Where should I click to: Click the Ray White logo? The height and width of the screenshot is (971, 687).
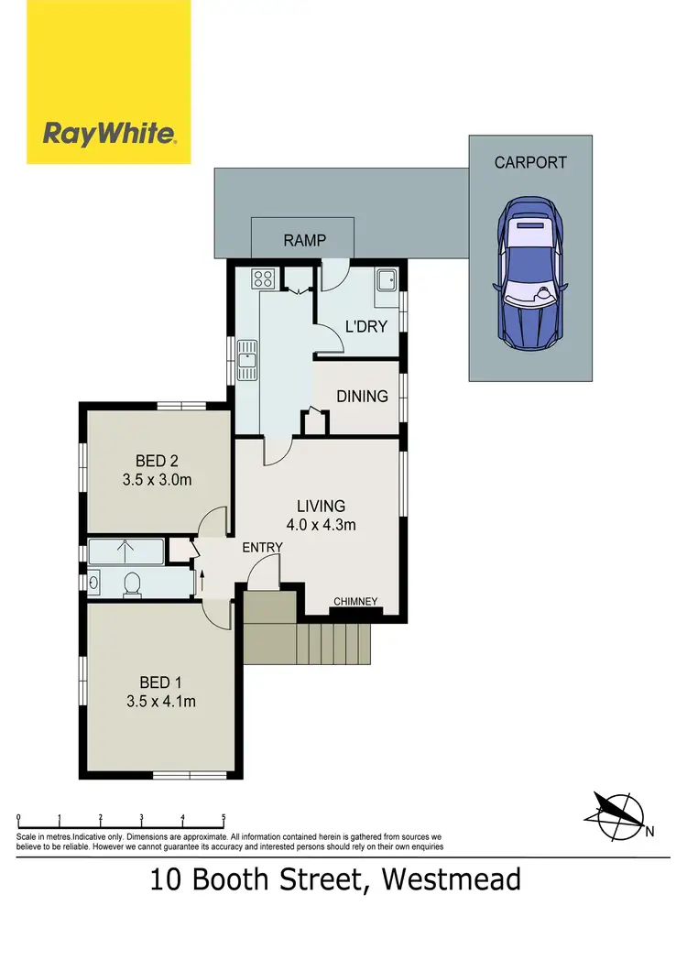click(109, 135)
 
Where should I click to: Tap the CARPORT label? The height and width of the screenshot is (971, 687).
click(530, 163)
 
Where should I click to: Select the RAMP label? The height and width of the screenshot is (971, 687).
click(304, 242)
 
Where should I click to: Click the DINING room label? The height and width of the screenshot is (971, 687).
click(362, 397)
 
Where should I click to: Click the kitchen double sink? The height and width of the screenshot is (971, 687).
click(247, 358)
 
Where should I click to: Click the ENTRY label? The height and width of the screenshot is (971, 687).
click(262, 547)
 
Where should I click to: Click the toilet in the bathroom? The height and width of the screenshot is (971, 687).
click(131, 584)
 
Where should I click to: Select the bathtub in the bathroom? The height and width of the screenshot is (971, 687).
click(126, 552)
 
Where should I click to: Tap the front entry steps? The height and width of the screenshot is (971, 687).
click(307, 641)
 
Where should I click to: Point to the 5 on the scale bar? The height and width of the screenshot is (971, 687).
click(224, 817)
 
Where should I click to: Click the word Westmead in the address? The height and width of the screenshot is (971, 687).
click(452, 880)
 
